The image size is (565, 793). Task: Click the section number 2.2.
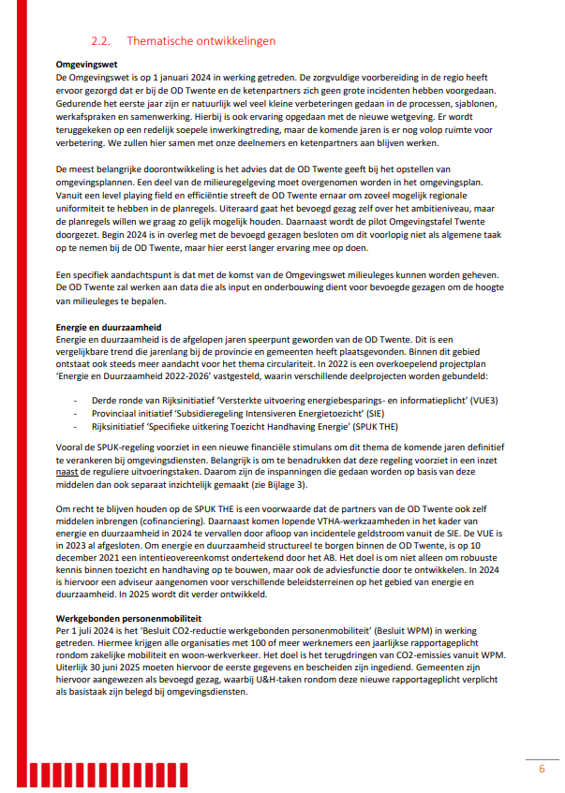(100, 41)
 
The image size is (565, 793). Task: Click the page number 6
(541, 769)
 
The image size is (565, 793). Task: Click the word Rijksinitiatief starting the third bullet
(121, 426)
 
